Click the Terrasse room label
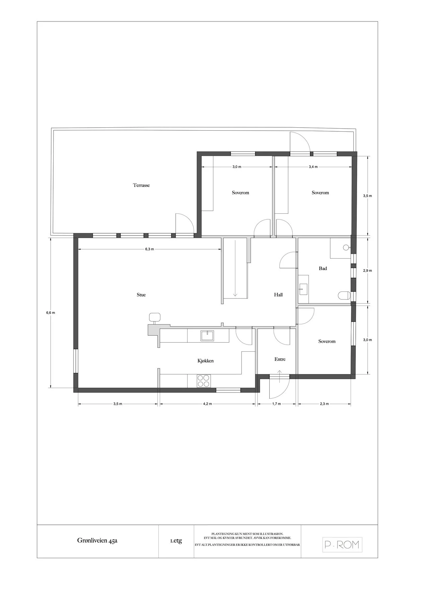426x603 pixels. click(x=141, y=185)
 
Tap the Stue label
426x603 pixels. click(x=141, y=295)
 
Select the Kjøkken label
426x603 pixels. click(x=205, y=361)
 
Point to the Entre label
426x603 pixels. click(x=280, y=359)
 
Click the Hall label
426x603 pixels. click(x=278, y=295)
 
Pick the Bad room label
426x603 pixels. click(x=323, y=268)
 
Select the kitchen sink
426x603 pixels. click(x=207, y=336)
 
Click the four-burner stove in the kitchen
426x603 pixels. click(x=204, y=381)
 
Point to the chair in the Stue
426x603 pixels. click(x=155, y=317)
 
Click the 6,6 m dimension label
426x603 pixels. click(x=51, y=313)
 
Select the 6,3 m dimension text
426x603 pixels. click(x=150, y=249)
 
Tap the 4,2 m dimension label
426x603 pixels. click(x=208, y=404)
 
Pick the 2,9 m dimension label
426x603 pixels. click(x=368, y=270)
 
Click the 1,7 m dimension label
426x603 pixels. click(x=277, y=404)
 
